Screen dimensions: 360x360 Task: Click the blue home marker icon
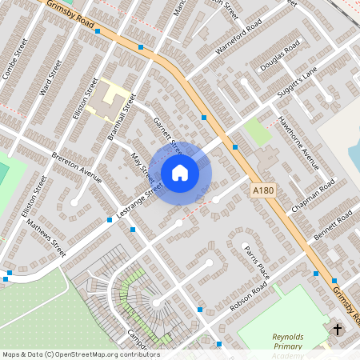[x=180, y=172]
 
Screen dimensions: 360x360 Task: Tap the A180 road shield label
[x=262, y=190]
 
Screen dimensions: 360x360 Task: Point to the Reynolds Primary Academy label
[x=289, y=342]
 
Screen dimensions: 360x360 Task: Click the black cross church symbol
[x=337, y=329]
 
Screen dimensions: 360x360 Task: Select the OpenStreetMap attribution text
[x=80, y=354]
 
